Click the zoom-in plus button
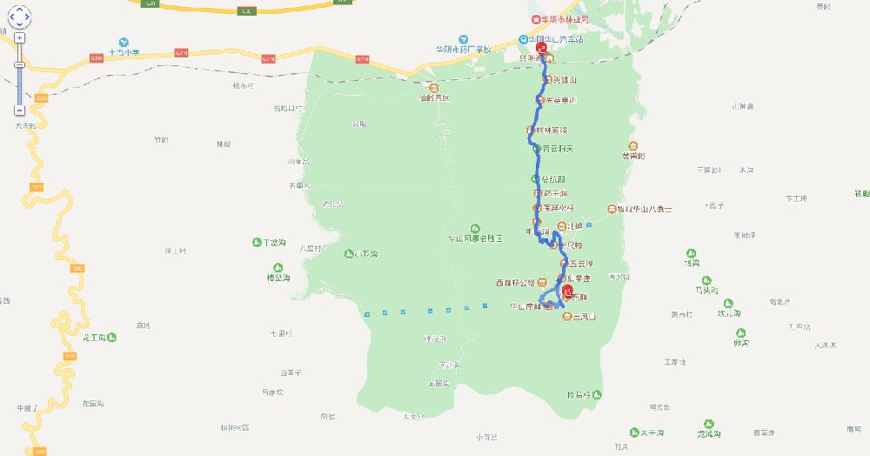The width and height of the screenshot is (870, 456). point(19,37)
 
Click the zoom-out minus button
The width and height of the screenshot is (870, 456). point(19,111)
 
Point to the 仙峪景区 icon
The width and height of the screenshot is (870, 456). point(434,87)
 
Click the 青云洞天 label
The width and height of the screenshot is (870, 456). point(558,149)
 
